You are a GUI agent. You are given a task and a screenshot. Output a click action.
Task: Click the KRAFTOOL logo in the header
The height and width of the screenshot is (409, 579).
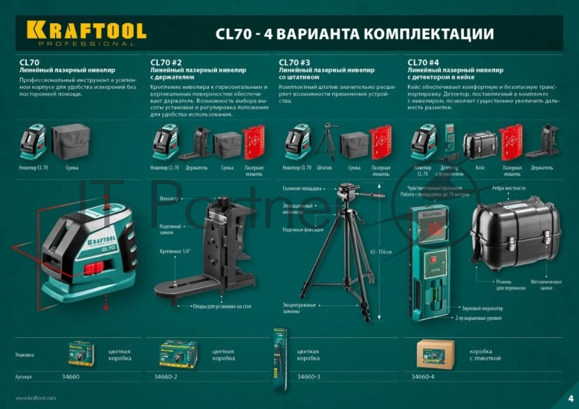[x=86, y=32]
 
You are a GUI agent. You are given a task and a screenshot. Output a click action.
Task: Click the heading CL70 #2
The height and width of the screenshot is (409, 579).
[x=166, y=62]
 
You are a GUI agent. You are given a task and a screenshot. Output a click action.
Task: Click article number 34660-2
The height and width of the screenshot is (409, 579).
[x=167, y=377]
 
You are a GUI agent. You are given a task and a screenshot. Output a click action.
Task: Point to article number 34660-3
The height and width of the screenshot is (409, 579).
[x=310, y=377]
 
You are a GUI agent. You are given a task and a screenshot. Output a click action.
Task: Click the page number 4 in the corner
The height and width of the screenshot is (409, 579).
[x=570, y=397]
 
